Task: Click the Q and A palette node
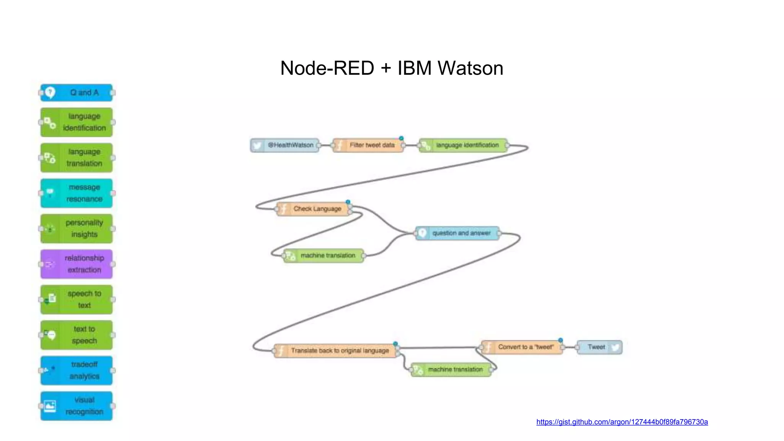click(x=77, y=93)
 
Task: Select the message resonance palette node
click(x=77, y=193)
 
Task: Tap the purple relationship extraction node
click(x=77, y=264)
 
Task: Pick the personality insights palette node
click(x=77, y=229)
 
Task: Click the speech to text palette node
click(x=77, y=299)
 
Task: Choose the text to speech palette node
click(x=77, y=335)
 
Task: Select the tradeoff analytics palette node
click(x=77, y=370)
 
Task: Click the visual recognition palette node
click(x=77, y=406)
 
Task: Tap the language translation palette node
click(x=77, y=158)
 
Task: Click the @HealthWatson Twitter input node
click(x=285, y=145)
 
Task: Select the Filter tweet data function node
click(x=368, y=145)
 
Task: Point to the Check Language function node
click(x=313, y=209)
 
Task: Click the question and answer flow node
click(x=457, y=233)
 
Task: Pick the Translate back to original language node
click(x=335, y=351)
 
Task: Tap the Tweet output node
click(x=599, y=347)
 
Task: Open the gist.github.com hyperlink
click(x=622, y=422)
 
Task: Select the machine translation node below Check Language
click(x=323, y=255)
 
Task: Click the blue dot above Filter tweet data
click(x=401, y=138)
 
